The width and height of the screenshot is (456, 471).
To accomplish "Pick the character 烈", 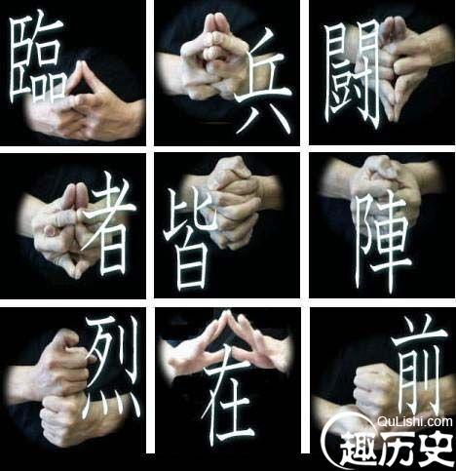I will (x=113, y=364).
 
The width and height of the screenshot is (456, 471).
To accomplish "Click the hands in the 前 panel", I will (x=375, y=385).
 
